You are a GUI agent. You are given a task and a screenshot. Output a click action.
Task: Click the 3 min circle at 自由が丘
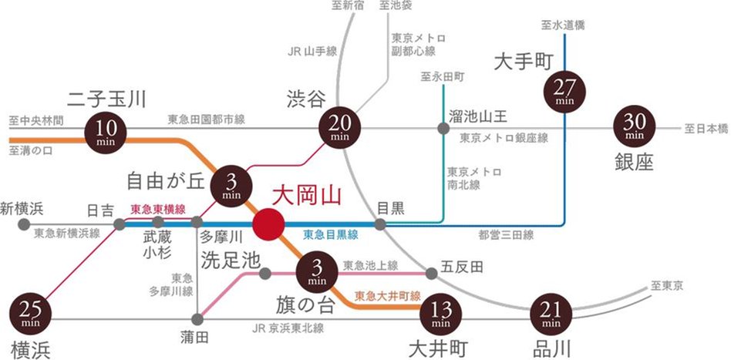pos(232,184)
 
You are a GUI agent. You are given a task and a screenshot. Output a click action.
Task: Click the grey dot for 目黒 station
pos(380,224)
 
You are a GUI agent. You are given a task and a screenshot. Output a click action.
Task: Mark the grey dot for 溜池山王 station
pos(443,128)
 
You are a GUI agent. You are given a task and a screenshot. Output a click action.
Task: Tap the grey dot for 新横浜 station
pos(24,224)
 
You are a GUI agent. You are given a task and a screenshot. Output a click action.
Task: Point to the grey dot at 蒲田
pos(199,318)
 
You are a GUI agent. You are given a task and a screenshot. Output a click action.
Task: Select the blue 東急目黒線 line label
pos(331,234)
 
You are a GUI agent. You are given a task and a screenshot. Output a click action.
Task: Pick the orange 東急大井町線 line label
pos(387,296)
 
